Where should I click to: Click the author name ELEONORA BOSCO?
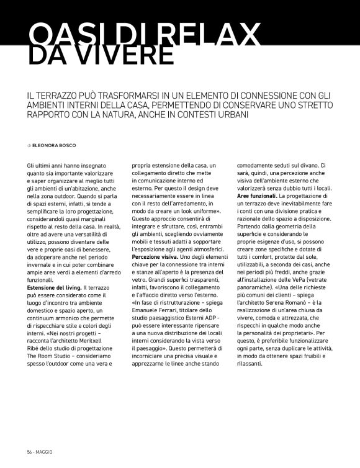pyautogui.click(x=54, y=145)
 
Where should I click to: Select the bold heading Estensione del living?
pyautogui.click(x=55, y=289)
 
